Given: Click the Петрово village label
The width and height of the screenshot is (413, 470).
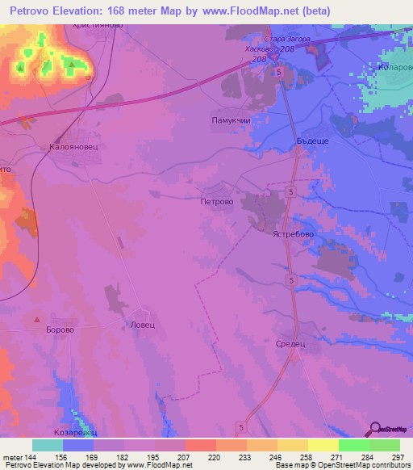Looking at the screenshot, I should click(x=217, y=204).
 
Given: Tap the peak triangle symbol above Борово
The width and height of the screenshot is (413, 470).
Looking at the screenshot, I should click(x=36, y=320).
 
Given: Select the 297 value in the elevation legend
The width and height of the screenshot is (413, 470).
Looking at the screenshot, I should click(x=397, y=457).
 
